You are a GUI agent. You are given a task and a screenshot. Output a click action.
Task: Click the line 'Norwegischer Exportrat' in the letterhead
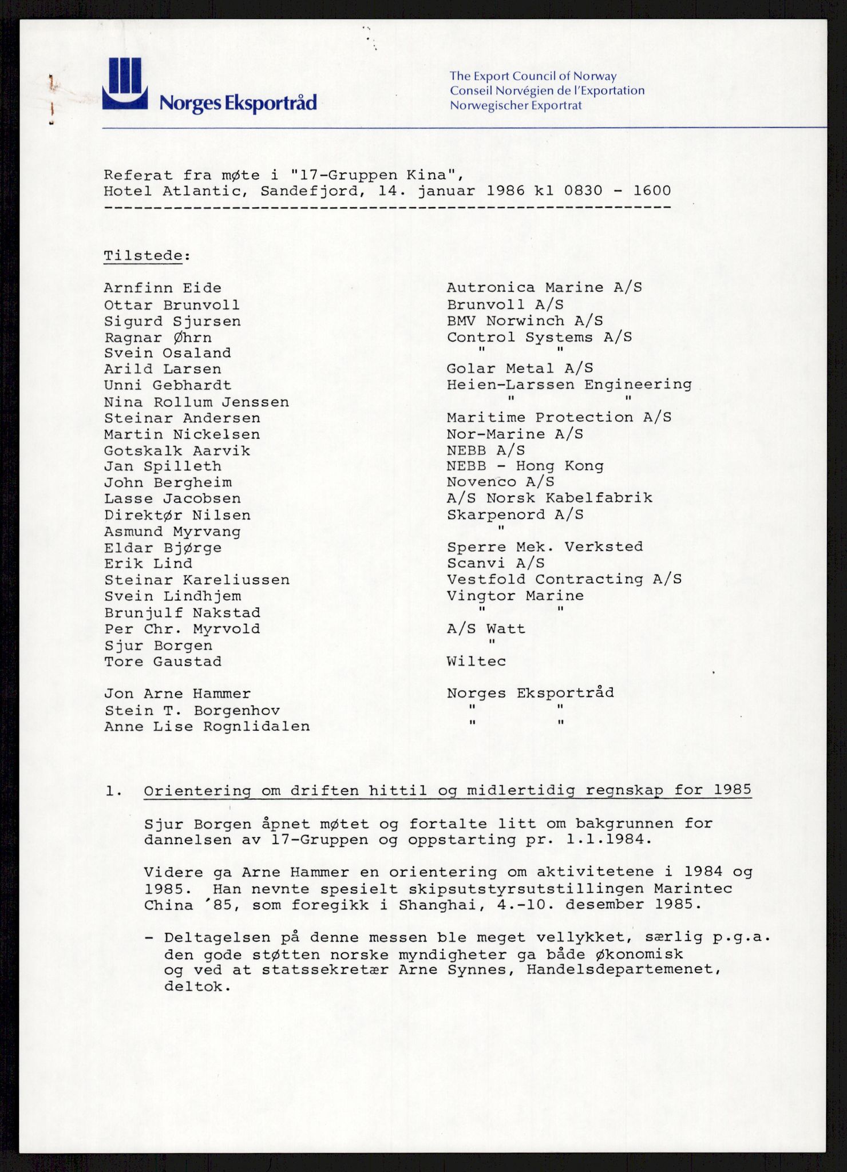[x=516, y=105]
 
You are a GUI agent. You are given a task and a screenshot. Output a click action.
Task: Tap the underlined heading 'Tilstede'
[x=143, y=255]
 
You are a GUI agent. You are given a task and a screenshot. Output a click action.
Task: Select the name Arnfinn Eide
[x=163, y=288]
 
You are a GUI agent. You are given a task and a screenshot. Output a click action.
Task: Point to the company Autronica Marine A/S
[x=544, y=287]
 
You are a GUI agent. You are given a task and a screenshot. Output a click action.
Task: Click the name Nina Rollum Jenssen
[x=196, y=402]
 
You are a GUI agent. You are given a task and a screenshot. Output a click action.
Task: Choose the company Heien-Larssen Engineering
[x=569, y=385]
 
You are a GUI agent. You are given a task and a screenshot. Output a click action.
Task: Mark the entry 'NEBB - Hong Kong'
[x=525, y=466]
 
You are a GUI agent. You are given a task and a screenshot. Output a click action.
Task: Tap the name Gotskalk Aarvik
[x=177, y=451]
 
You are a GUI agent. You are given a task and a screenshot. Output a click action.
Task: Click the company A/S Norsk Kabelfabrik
[x=549, y=498]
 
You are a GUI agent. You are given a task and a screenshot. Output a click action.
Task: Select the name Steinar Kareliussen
[x=197, y=580]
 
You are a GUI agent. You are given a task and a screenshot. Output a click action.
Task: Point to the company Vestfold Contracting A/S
[x=564, y=580]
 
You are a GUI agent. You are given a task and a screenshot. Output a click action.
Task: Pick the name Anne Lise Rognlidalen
[x=207, y=727]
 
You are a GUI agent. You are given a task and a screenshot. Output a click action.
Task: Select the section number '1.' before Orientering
[x=113, y=791]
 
